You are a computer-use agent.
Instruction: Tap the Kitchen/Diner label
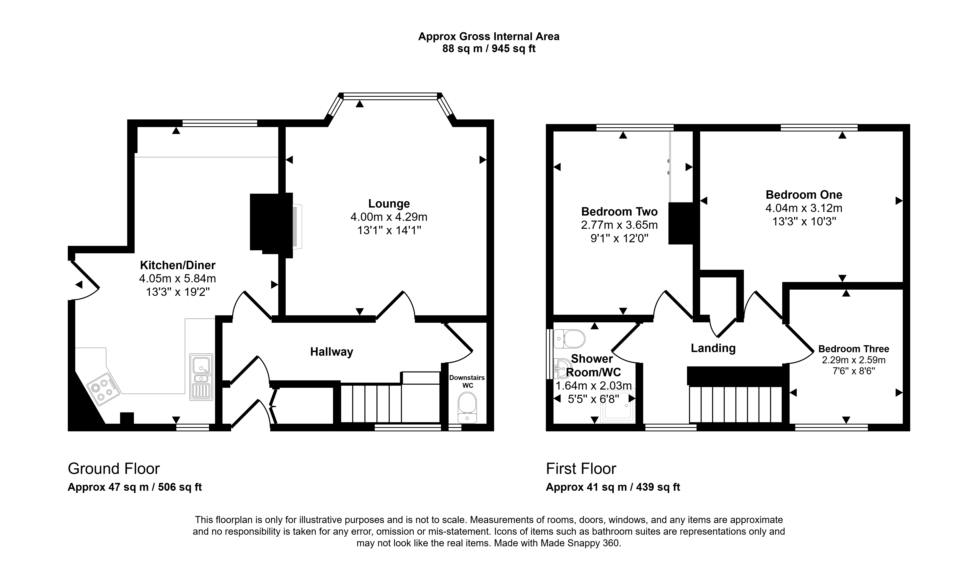pyautogui.click(x=178, y=265)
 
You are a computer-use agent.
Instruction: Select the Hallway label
pyautogui.click(x=332, y=352)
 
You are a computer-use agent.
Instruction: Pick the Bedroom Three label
pyautogui.click(x=854, y=349)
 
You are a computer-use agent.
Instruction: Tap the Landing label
pyautogui.click(x=713, y=348)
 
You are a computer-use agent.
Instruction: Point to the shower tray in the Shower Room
pyautogui.click(x=618, y=406)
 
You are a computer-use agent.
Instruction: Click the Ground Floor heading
pyautogui.click(x=114, y=469)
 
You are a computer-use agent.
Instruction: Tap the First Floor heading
pyautogui.click(x=581, y=469)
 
